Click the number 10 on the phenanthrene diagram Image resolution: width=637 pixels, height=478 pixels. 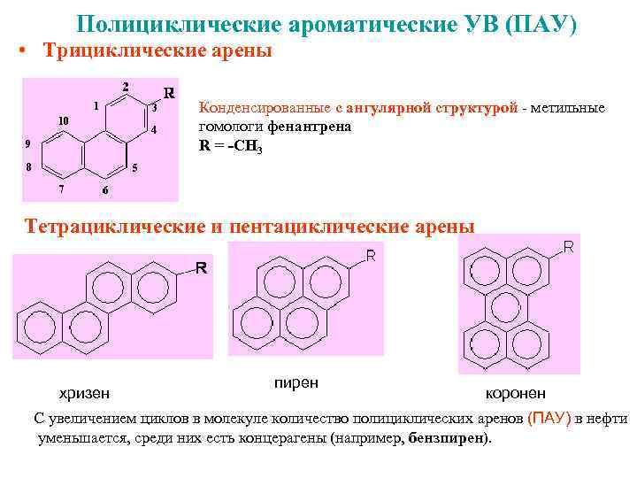[63, 120]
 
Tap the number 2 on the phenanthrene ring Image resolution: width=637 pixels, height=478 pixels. [126, 87]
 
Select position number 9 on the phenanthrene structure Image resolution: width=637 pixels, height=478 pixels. [27, 143]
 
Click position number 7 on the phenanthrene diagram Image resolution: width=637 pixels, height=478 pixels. [60, 189]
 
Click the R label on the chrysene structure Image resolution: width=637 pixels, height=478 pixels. [201, 268]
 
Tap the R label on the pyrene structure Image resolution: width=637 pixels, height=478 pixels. [372, 257]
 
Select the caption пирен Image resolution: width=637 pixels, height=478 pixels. [296, 382]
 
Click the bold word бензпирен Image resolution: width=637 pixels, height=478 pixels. [448, 438]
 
